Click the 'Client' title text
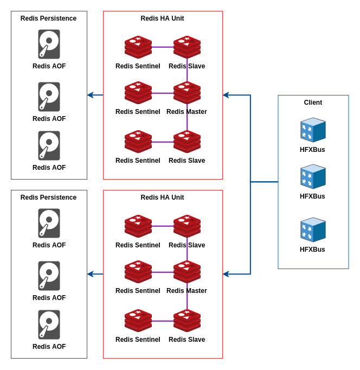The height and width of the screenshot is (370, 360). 313,103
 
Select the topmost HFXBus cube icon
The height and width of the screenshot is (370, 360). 313,130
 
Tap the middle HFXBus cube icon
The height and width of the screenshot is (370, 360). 313,177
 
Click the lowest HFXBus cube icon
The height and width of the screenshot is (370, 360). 313,230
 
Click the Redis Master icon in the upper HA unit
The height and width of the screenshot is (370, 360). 187,93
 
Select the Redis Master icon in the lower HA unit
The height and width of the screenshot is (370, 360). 187,272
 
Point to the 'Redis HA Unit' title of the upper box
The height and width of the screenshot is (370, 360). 162,18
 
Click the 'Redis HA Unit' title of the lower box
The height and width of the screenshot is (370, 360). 162,197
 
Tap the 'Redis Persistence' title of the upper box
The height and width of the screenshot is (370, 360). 48,18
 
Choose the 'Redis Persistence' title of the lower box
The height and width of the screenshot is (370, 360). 48,197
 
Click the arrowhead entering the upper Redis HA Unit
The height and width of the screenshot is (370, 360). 226,95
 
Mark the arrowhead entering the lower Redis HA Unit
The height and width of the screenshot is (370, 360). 226,274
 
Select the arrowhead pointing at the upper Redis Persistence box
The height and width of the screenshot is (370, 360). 91,95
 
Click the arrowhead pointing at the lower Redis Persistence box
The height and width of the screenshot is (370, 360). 91,274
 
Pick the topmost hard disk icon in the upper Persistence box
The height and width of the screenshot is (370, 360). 49,44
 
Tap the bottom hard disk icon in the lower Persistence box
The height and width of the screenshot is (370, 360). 49,324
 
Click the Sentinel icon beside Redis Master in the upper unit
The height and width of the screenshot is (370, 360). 138,93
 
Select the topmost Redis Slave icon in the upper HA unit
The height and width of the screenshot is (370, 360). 187,47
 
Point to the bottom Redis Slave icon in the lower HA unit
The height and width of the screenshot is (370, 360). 187,321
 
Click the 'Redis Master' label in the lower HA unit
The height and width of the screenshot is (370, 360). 187,291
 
